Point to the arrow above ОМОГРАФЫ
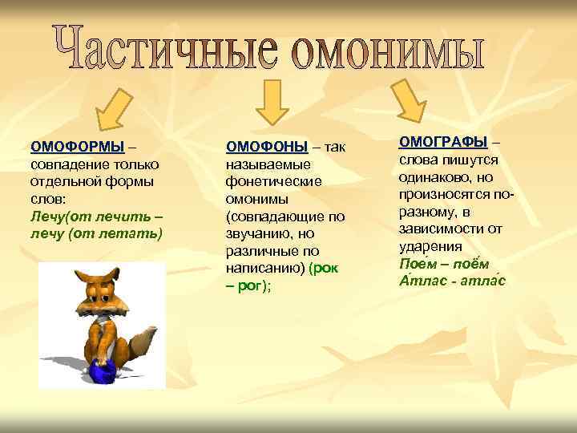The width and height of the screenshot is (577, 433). (x=412, y=98)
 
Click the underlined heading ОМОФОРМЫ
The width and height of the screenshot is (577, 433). (x=77, y=146)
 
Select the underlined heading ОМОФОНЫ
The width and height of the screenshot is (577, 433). (x=267, y=146)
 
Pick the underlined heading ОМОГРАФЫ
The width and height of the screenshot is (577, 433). (x=443, y=141)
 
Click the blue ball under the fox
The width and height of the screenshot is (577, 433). (x=102, y=371)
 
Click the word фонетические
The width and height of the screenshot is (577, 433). (x=273, y=181)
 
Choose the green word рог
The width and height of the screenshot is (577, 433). (x=258, y=286)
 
